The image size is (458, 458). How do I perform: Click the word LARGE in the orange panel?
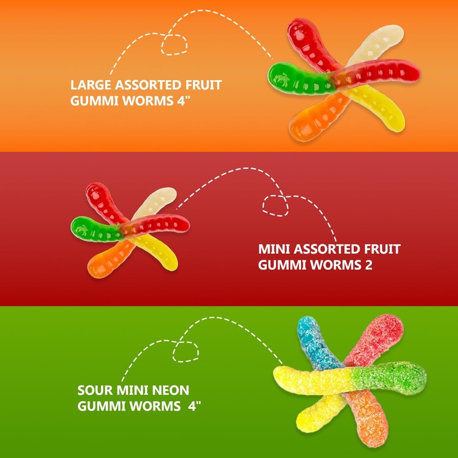pos(91,86)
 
